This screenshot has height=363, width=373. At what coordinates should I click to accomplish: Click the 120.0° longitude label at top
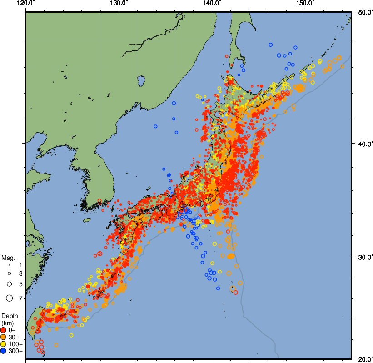point(25,4)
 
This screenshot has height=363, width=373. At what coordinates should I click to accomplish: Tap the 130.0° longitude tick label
point(119,4)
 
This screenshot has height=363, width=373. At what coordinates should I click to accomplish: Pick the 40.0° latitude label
point(363,144)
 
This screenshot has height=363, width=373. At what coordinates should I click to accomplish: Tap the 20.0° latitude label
point(363,359)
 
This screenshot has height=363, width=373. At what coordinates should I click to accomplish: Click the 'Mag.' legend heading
point(8,258)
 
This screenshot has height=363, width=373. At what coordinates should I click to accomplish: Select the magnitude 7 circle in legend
point(9,298)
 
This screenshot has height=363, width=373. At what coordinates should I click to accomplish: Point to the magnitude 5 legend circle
point(9,283)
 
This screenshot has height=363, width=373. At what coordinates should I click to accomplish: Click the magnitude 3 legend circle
point(9,273)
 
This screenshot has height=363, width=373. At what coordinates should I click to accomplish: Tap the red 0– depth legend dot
point(4,330)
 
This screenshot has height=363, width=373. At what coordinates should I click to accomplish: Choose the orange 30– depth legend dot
point(4,337)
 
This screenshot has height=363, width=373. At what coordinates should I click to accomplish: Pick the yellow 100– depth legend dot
point(4,344)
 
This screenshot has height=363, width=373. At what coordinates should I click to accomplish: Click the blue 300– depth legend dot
point(4,351)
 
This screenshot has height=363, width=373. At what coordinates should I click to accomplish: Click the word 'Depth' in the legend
point(9,315)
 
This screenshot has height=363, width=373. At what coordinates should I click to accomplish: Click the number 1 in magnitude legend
point(20,264)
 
